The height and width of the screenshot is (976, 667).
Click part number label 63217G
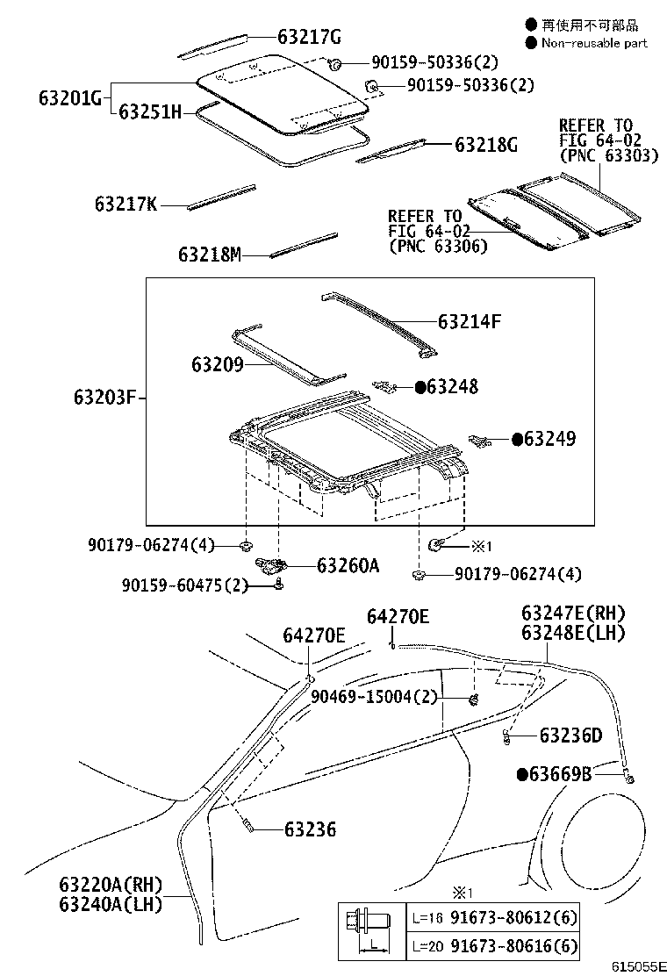pyautogui.click(x=308, y=37)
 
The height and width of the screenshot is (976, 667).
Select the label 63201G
pyautogui.click(x=70, y=97)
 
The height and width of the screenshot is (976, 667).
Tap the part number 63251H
pyautogui.click(x=150, y=111)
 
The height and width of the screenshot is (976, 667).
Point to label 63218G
pyautogui.click(x=485, y=145)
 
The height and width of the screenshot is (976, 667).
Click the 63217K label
pyautogui.click(x=126, y=205)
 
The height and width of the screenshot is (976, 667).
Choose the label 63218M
pyautogui.click(x=209, y=255)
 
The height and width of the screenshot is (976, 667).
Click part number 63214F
pyautogui.click(x=469, y=322)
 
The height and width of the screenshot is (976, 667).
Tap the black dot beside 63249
pyautogui.click(x=517, y=439)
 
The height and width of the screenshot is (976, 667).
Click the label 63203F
pyautogui.click(x=104, y=398)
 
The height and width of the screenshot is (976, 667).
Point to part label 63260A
pyautogui.click(x=348, y=565)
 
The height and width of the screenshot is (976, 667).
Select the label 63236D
pyautogui.click(x=570, y=735)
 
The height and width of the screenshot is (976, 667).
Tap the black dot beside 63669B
pyautogui.click(x=522, y=773)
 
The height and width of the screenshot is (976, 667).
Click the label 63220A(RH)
pyautogui.click(x=111, y=883)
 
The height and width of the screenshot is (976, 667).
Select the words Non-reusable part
pyautogui.click(x=594, y=42)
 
